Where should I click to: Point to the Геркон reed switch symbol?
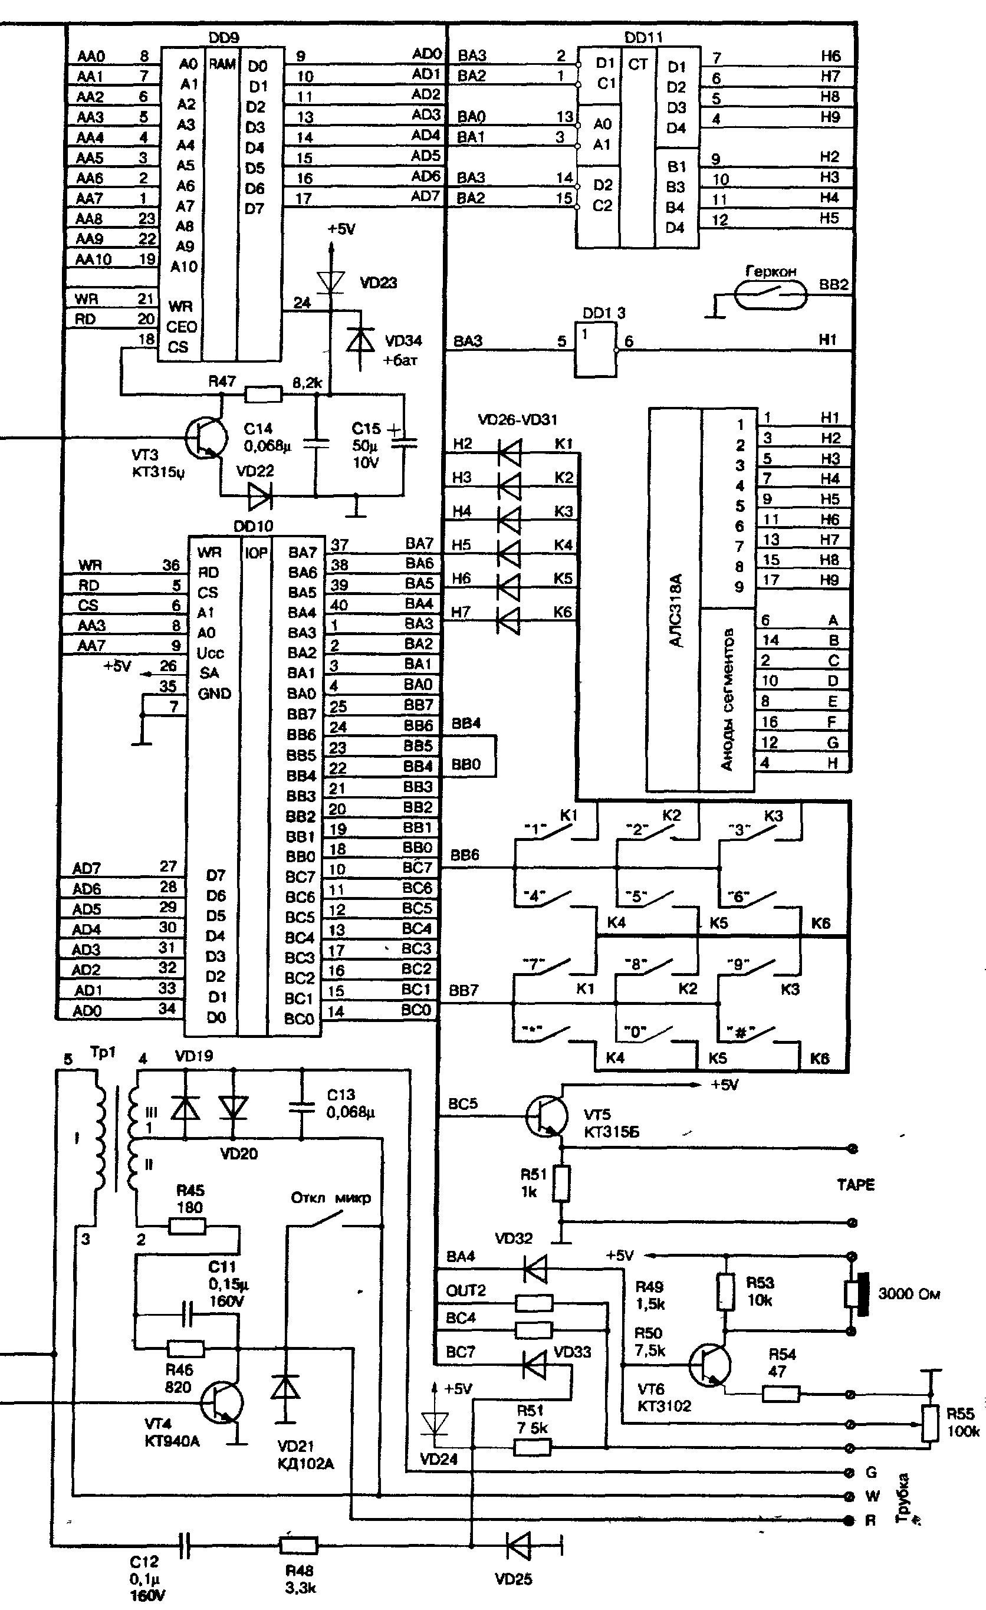pos(770,295)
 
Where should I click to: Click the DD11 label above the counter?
pos(643,38)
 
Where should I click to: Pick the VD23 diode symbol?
pos(331,282)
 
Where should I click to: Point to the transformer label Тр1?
pos(102,1053)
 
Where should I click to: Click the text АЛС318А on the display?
pos(676,611)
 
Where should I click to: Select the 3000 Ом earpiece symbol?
pos(857,1294)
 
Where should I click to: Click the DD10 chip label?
pos(253,526)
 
